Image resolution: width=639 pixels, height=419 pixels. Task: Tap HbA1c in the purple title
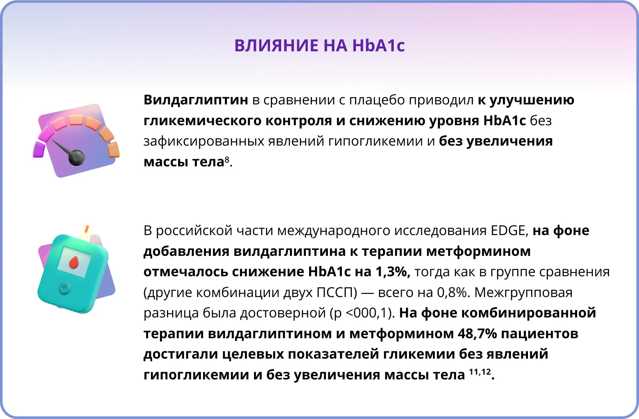379,46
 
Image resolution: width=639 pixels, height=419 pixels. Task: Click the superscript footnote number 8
227,159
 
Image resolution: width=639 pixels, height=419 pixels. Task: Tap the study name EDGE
508,231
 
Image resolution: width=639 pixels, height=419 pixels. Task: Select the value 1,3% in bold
393,271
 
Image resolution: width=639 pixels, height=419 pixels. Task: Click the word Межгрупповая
523,293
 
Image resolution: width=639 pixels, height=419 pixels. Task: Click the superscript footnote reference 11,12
480,372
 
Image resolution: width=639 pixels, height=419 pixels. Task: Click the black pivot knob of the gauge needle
76,158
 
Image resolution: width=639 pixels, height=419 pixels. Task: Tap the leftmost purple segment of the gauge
39,150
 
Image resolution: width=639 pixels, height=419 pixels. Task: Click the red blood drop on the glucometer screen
74,262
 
